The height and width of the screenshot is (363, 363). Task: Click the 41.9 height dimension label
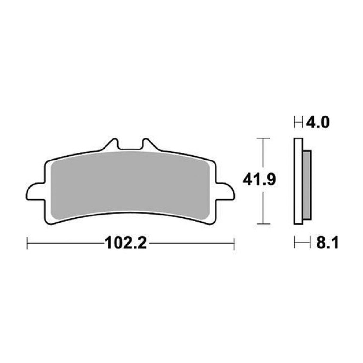(x=259, y=180)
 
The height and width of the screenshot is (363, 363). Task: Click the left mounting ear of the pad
(x=35, y=191)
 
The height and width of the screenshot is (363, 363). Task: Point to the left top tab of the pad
(x=111, y=145)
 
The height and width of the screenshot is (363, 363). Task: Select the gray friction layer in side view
(x=307, y=185)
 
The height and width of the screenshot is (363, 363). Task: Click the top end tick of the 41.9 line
(x=263, y=139)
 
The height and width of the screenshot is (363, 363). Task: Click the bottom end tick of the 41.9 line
(x=263, y=223)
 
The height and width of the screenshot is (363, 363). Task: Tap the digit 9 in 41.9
(x=269, y=180)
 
